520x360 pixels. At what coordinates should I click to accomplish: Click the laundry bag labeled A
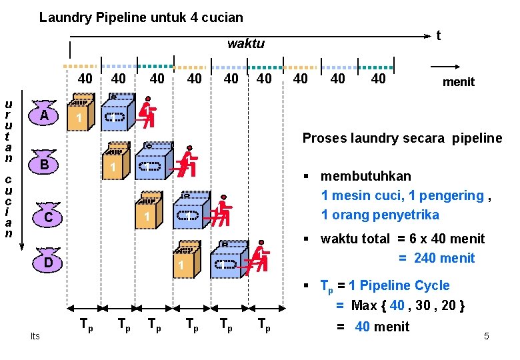(x=43, y=115)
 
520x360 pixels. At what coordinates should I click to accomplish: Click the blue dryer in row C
(x=190, y=209)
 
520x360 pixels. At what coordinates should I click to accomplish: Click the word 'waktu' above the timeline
(x=245, y=44)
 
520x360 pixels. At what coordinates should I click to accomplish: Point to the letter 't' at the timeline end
(x=438, y=35)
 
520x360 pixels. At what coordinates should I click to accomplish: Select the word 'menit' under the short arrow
(x=458, y=82)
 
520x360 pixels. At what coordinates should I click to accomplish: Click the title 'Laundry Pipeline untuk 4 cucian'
(x=141, y=17)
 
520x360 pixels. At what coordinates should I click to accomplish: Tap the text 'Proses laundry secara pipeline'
(x=402, y=138)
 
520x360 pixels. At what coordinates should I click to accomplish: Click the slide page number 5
(x=486, y=336)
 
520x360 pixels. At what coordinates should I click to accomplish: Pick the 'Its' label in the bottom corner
(x=35, y=336)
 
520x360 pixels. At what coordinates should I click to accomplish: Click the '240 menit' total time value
(x=444, y=258)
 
